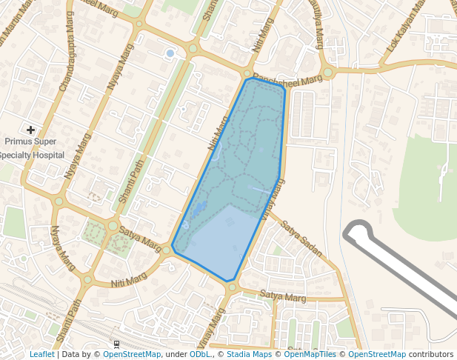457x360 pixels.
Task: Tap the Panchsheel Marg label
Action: click(x=287, y=78)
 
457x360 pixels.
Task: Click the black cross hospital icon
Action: click(x=30, y=130)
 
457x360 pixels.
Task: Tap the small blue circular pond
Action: click(x=170, y=53)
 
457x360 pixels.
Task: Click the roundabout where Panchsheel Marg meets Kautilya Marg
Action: click(x=327, y=72)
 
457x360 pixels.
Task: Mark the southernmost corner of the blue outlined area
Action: click(x=230, y=281)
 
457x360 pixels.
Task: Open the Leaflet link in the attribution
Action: click(x=41, y=354)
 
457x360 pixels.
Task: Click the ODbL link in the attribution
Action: click(x=200, y=354)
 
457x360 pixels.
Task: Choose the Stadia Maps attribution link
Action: click(x=249, y=354)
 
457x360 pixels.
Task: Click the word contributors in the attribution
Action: click(x=431, y=354)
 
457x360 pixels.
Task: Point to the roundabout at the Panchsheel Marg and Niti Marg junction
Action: click(x=247, y=73)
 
